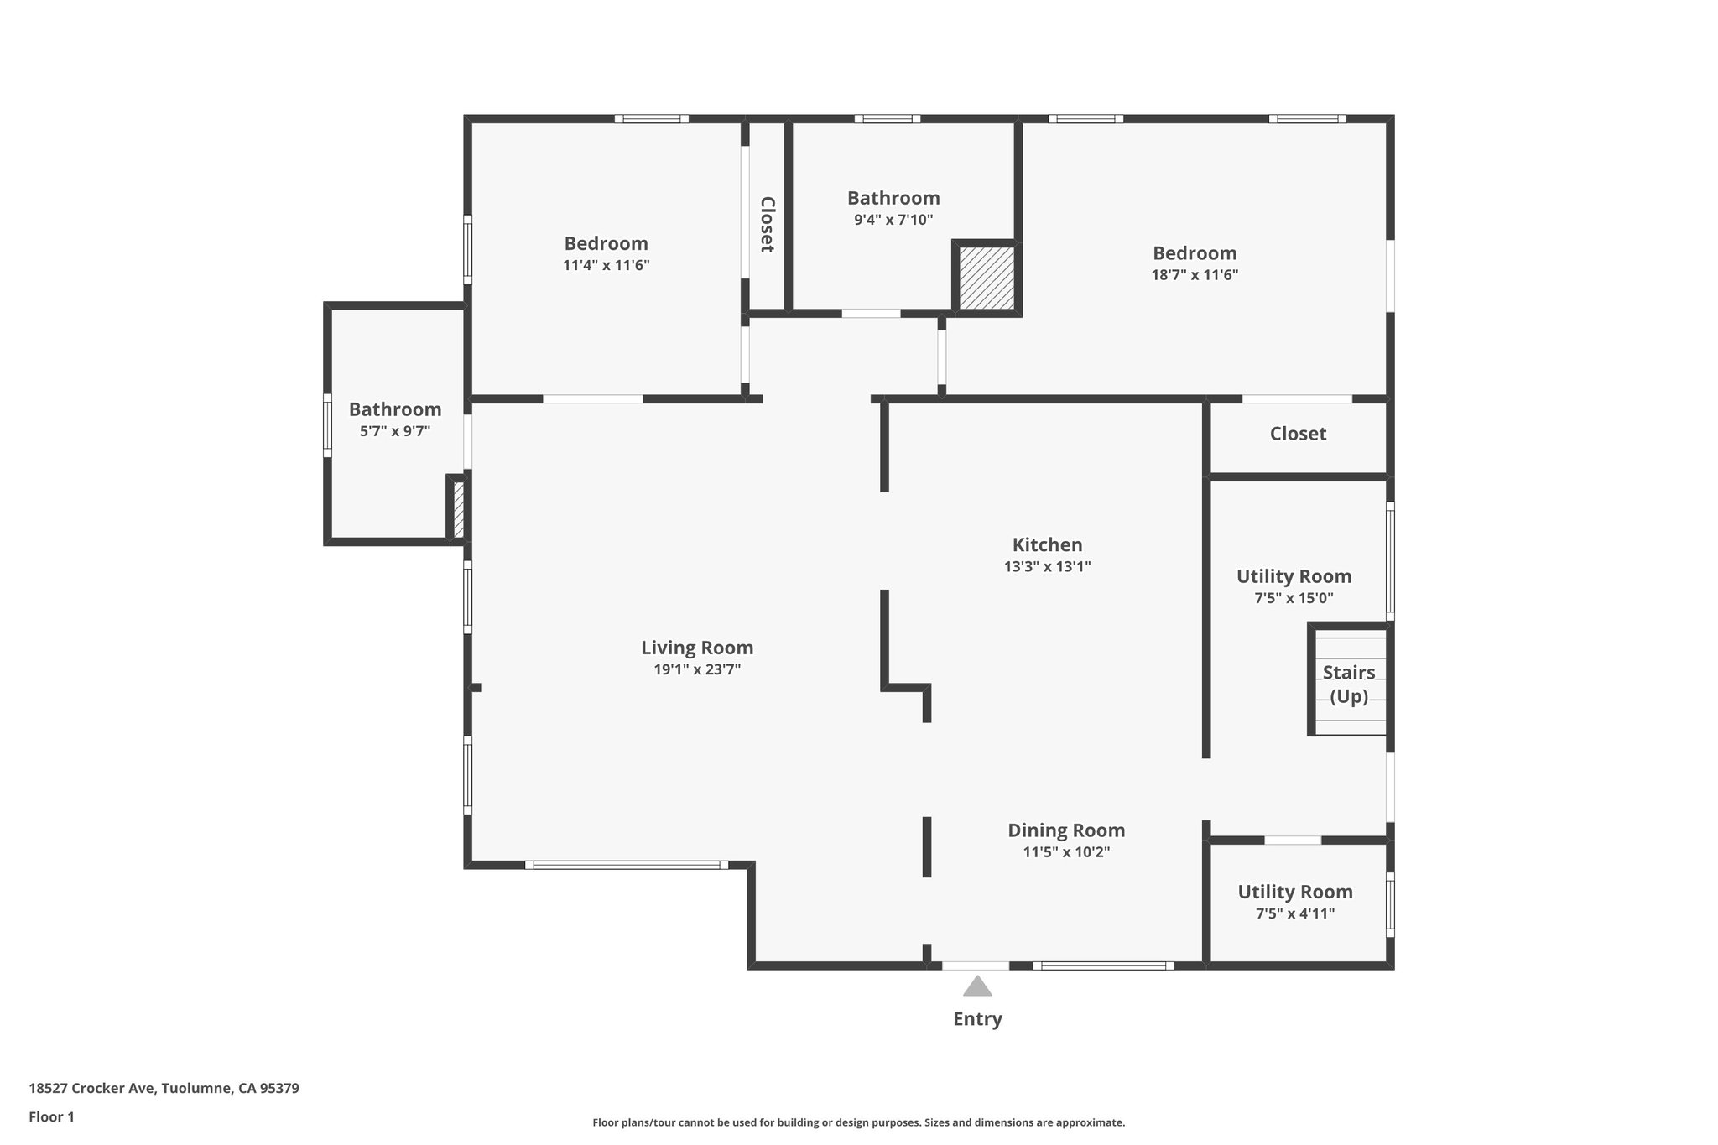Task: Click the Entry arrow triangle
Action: coord(976,986)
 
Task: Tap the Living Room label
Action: coord(697,648)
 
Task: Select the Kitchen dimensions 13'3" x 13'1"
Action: coord(1047,566)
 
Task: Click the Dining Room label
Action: coord(1066,830)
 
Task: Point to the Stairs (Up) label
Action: coord(1349,684)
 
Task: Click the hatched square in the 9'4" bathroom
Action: coord(987,278)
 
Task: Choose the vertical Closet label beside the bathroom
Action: coord(767,225)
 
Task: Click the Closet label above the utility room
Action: coord(1298,434)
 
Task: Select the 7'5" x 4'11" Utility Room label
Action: coord(1295,892)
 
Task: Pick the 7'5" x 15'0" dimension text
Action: coord(1294,598)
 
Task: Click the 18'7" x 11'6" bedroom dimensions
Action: coord(1195,274)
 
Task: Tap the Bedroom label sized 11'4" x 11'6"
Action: coord(606,244)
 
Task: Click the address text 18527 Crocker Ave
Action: coord(164,1088)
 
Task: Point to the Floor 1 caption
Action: coord(51,1116)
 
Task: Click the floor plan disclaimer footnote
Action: coord(858,1122)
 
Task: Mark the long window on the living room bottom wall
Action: coord(627,865)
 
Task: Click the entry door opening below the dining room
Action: coord(975,965)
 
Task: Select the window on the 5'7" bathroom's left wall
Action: coord(328,425)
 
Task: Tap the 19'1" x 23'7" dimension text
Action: coord(697,669)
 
